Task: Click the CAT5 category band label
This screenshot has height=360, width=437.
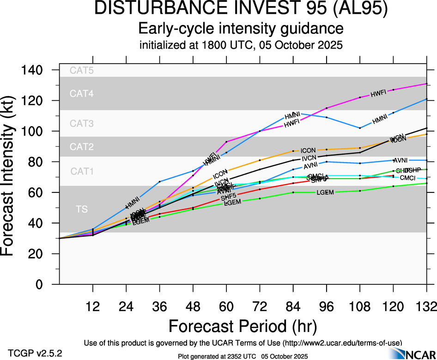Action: point(81,71)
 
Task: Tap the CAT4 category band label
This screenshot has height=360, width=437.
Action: point(81,94)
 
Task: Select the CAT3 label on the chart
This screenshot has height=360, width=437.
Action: point(81,123)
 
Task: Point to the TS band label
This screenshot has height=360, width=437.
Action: point(81,210)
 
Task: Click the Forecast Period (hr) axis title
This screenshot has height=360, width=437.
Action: point(243,326)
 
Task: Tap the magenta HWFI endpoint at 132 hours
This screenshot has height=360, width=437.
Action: point(426,84)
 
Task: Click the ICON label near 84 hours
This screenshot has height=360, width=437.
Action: point(308,150)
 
